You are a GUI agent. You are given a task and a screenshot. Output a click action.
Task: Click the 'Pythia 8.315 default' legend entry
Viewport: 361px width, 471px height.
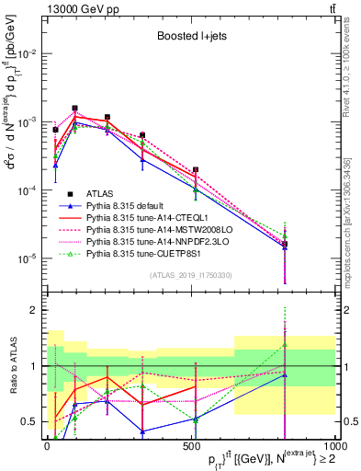click(128, 207)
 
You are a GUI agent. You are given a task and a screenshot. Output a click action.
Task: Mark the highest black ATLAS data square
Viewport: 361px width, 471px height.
click(75, 108)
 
